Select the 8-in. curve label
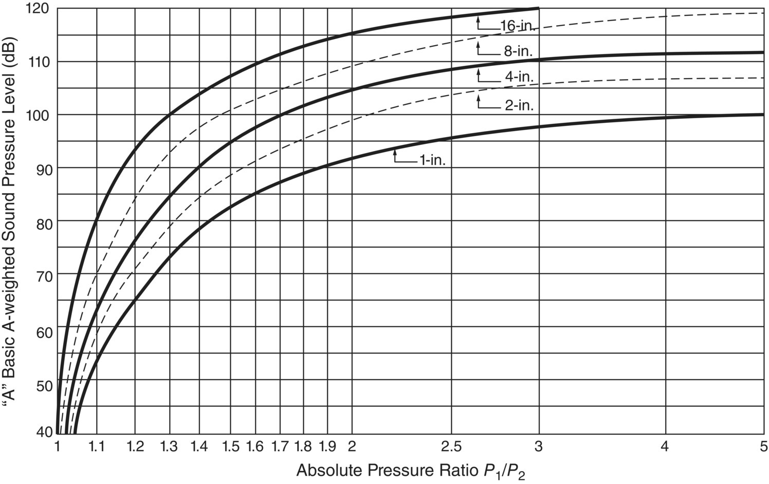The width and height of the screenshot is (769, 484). pos(518,51)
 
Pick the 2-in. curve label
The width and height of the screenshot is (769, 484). pos(519,106)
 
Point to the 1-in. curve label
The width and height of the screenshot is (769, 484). pos(432,161)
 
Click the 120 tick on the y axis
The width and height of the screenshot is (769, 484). pos(40,9)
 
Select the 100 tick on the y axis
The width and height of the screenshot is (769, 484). pos(40,115)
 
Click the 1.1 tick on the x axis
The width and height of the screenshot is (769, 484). pos(97,446)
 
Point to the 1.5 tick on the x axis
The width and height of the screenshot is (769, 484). pos(231,446)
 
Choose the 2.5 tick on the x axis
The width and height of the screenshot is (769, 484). pos(452,446)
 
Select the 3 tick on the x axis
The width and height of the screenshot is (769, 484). pos(539,446)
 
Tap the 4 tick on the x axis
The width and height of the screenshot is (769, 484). pos(665,446)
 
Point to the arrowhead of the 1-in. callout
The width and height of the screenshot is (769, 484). pos(395,151)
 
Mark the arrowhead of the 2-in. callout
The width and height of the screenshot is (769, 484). pos(479,96)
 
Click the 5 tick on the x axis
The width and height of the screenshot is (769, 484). pos(763,446)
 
